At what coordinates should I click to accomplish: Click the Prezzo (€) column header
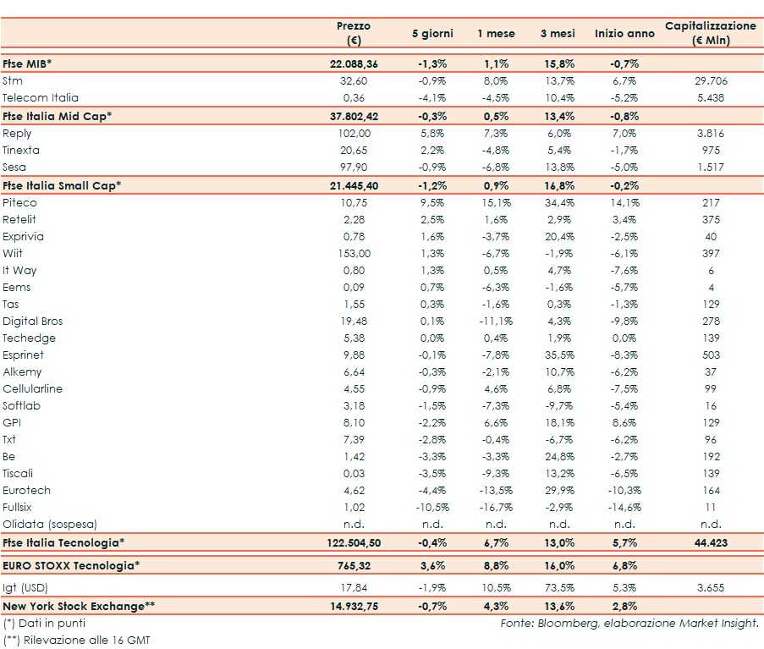coord(353,33)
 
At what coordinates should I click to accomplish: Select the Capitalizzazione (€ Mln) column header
coord(711,33)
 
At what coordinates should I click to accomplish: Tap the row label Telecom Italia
coord(41,98)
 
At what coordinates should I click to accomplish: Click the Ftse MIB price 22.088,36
coord(353,63)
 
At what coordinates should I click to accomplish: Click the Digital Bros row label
coord(33,322)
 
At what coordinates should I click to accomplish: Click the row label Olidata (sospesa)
coord(50,525)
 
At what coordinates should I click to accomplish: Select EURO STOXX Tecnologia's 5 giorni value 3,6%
coord(432,565)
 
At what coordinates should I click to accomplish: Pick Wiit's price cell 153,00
coord(353,254)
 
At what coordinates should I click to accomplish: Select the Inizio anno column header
coord(624,33)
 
